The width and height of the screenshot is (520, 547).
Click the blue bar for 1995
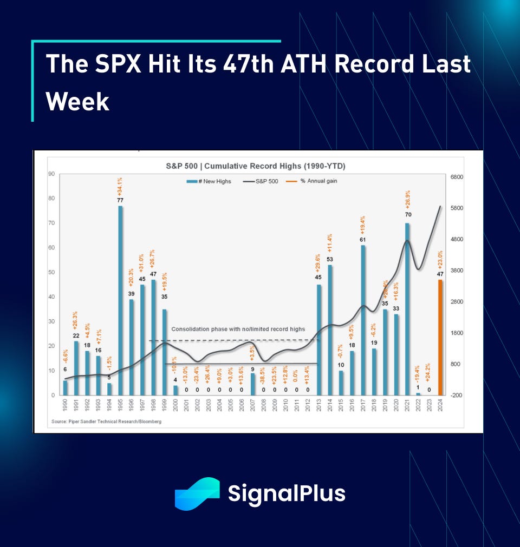coord(120,300)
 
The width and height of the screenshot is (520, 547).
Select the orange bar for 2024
coord(440,337)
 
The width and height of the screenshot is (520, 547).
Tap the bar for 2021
coord(407,309)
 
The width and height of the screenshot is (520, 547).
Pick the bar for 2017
coord(363,320)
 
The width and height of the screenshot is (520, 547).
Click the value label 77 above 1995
coord(120,200)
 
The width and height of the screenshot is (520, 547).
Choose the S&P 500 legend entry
coord(262,181)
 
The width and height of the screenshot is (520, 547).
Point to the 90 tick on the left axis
coord(51,174)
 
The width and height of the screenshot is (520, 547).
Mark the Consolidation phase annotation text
coord(238,329)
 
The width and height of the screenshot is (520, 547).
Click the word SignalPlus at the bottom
coord(287,494)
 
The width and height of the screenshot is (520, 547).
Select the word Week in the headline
coord(77,101)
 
